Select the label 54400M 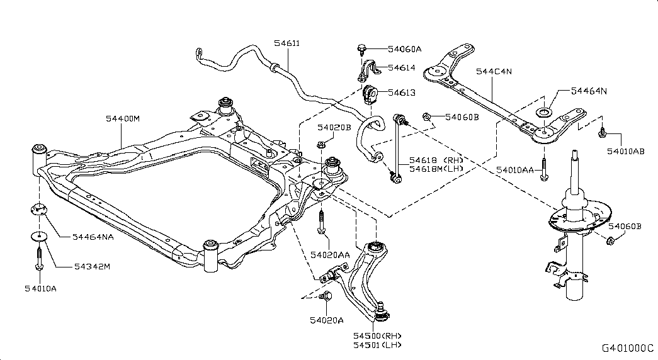pos(123,118)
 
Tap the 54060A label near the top pos(404,48)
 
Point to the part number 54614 pos(402,67)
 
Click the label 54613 pos(402,93)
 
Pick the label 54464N pos(589,91)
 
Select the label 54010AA pos(514,170)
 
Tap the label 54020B pos(334,127)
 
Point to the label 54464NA pos(92,237)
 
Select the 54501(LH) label pos(377,345)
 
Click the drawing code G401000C pos(627,348)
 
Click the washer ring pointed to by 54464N pos(542,114)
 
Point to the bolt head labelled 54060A pos(363,48)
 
